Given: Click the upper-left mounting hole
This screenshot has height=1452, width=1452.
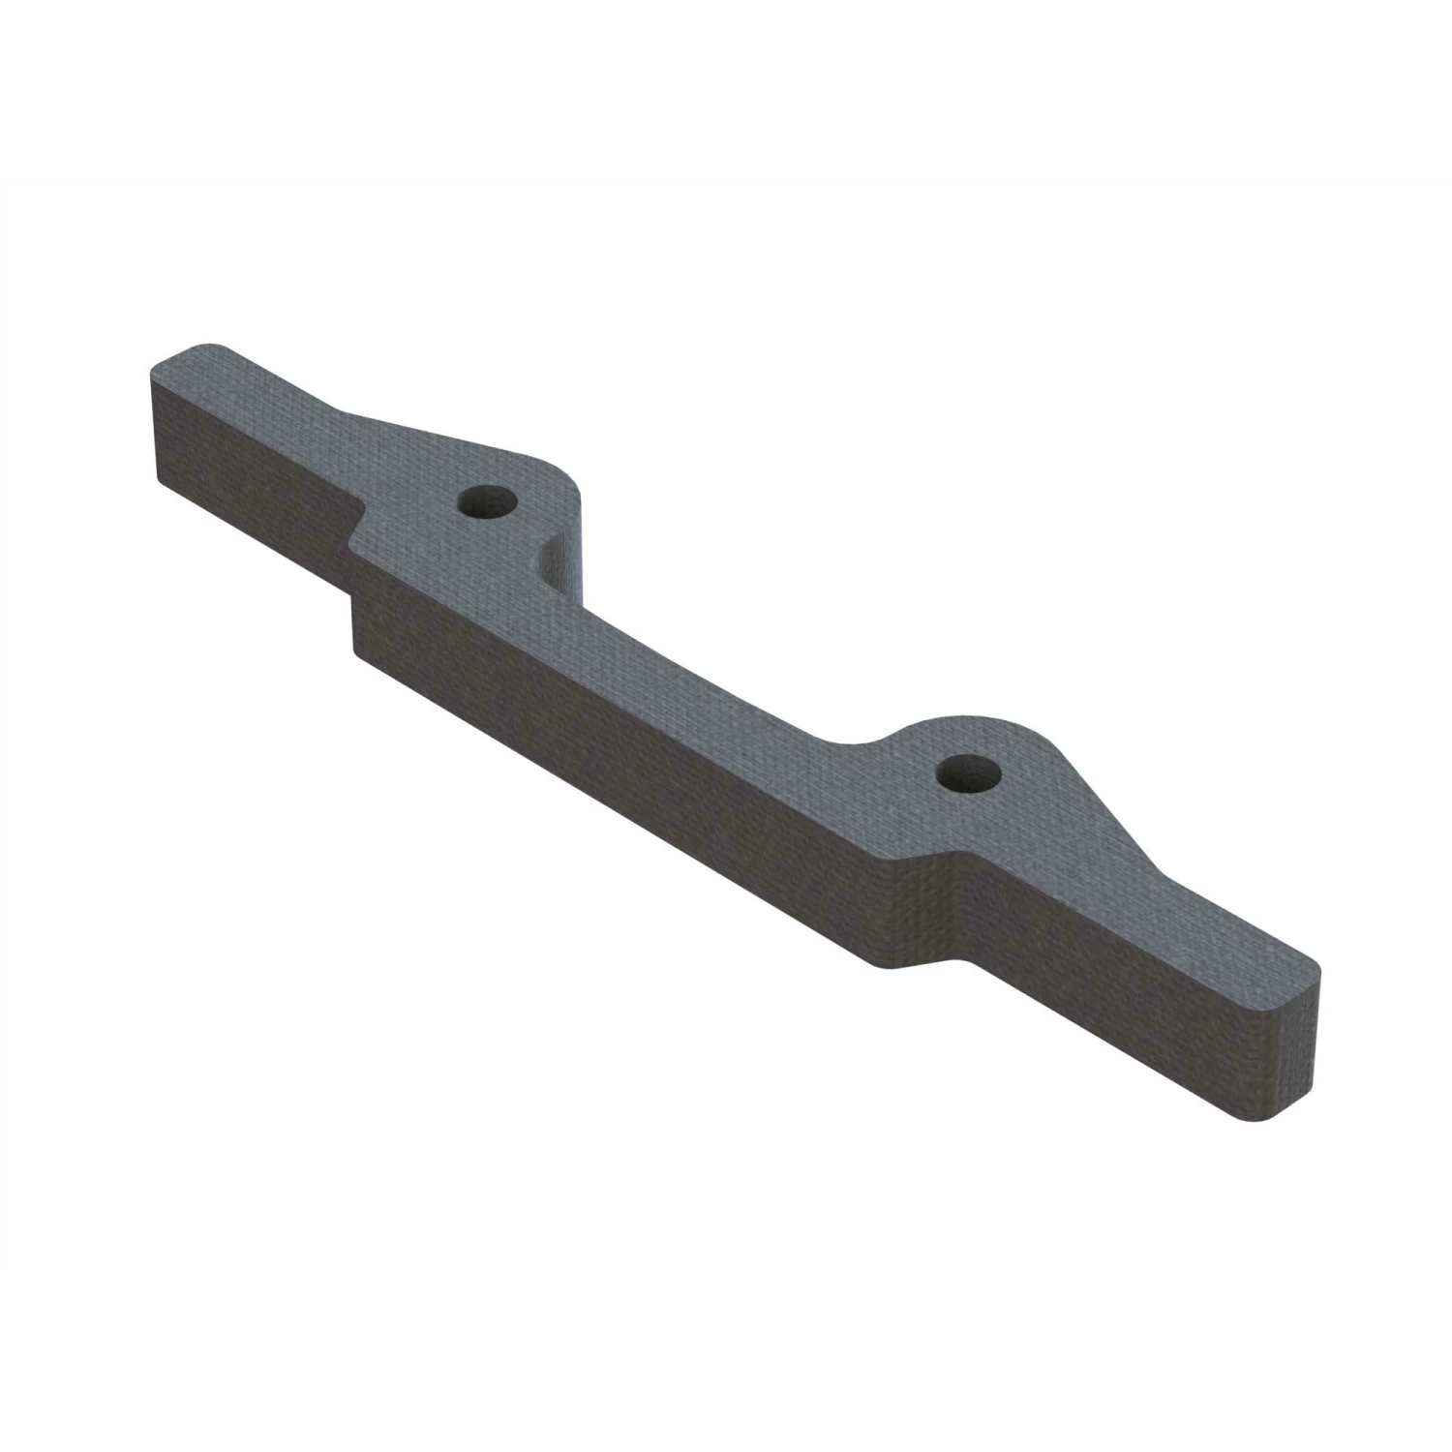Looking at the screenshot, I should coord(487,502).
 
